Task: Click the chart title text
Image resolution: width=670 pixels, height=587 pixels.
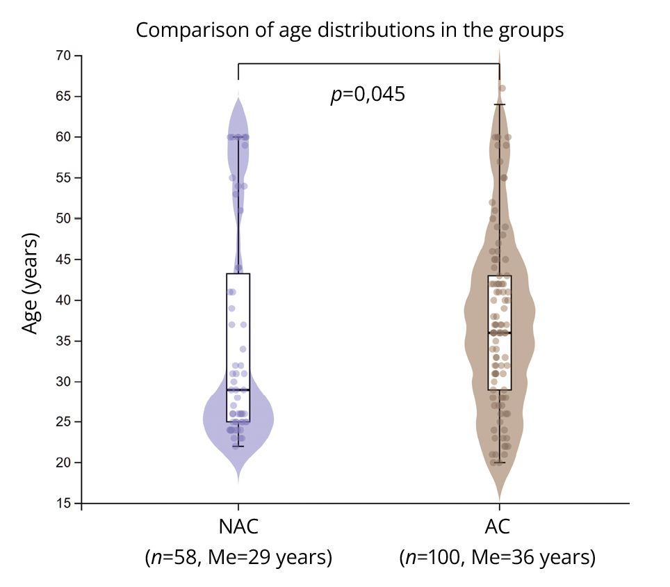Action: coord(349,31)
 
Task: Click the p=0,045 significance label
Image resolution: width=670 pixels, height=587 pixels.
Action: coord(368,95)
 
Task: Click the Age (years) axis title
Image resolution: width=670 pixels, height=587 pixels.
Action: coord(30,284)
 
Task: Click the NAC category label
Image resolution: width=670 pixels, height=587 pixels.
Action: coord(238,526)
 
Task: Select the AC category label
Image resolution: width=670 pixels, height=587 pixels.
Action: coord(498,526)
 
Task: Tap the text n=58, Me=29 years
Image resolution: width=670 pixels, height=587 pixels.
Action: coord(238,558)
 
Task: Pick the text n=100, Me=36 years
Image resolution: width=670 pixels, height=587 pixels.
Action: coord(498,558)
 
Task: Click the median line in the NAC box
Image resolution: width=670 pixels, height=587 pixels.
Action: coord(238,389)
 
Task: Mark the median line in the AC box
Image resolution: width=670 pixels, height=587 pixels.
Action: coord(499,333)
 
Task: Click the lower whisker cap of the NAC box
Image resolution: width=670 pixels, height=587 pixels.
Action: coord(238,447)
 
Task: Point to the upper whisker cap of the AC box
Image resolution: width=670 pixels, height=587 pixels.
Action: coord(499,104)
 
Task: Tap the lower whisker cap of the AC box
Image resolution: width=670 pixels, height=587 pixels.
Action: coord(499,463)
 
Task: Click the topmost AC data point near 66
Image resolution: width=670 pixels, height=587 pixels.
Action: coord(502,88)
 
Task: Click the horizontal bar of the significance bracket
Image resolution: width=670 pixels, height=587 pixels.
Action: coord(368,63)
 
